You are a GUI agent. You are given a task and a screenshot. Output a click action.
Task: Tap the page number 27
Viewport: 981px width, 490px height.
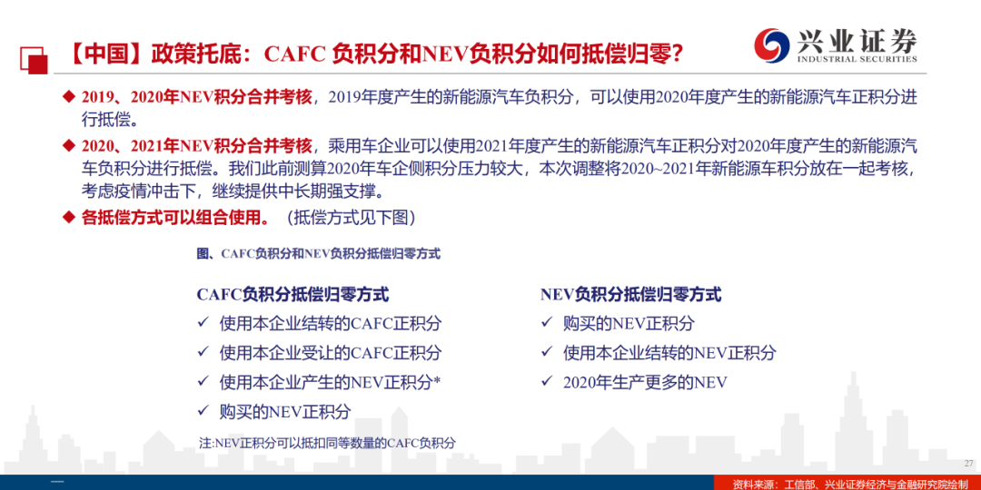pyautogui.click(x=968, y=463)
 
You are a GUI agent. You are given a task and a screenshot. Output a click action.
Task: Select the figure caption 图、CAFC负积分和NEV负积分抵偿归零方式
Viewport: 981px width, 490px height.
pyautogui.click(x=319, y=254)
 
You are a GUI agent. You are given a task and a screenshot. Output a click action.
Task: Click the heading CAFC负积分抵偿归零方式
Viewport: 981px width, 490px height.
pyautogui.click(x=292, y=294)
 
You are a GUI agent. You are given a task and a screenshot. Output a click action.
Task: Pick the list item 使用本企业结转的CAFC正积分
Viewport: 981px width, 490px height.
pyautogui.click(x=331, y=323)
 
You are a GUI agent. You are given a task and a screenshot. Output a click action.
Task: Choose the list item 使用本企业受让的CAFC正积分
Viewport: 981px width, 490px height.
pyautogui.click(x=331, y=352)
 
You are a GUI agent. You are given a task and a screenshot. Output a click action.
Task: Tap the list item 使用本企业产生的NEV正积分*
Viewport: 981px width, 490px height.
pyautogui.click(x=331, y=382)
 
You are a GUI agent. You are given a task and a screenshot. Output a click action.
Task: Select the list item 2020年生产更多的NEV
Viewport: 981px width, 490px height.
pyautogui.click(x=645, y=382)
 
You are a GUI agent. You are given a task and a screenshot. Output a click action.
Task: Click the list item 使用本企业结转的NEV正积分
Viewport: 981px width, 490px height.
pyautogui.click(x=669, y=352)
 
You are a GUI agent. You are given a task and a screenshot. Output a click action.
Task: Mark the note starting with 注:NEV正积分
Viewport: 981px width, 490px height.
pyautogui.click(x=327, y=443)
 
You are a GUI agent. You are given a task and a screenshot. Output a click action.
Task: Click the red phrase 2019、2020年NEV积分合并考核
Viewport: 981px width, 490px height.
pyautogui.click(x=196, y=97)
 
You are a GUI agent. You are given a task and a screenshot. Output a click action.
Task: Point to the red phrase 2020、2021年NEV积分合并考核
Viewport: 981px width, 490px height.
pyautogui.click(x=196, y=146)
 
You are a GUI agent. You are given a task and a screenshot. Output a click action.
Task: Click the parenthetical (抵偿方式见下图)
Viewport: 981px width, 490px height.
pyautogui.click(x=351, y=218)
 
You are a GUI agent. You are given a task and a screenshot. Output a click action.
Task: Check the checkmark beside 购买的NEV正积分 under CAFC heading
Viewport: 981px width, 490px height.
pyautogui.click(x=203, y=411)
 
